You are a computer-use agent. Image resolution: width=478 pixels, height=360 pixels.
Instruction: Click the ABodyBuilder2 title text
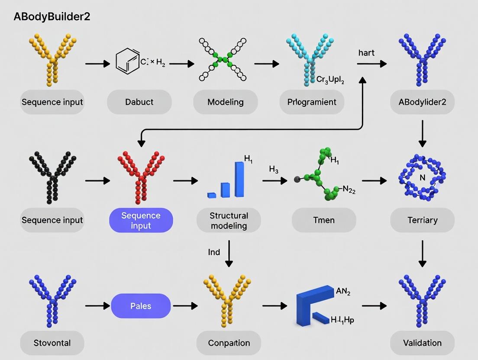(x=52, y=17)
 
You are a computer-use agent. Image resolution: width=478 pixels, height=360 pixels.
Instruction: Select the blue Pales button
(x=141, y=306)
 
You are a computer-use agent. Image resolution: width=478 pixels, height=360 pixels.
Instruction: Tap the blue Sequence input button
(x=141, y=220)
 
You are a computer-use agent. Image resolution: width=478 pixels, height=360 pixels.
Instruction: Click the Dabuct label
(x=139, y=102)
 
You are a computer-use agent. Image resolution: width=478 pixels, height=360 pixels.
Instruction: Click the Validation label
(x=422, y=343)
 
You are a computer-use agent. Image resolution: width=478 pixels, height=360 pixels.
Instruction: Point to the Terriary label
(x=422, y=220)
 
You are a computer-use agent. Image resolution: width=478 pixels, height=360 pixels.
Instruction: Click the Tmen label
(x=324, y=220)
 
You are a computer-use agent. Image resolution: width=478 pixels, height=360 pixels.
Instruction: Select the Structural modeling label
(x=229, y=220)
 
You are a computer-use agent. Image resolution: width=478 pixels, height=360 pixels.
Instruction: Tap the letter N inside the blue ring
(x=423, y=178)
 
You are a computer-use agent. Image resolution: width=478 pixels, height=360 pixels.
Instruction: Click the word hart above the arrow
(x=366, y=53)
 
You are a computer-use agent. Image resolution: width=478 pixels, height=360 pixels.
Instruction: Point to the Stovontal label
(x=52, y=343)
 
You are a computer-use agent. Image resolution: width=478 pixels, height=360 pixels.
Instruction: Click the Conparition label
(x=229, y=343)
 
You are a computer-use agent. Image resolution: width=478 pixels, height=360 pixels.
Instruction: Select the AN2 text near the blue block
(x=343, y=292)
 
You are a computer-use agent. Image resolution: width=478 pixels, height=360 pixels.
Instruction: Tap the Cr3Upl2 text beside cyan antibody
(x=330, y=80)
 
